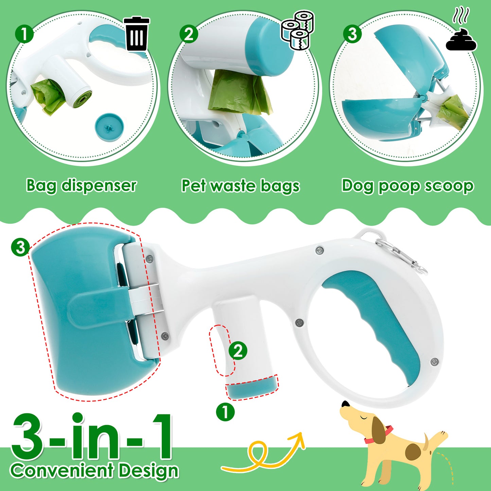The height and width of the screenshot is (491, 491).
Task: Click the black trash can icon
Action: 136,34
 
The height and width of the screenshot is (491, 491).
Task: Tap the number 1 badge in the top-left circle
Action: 24,34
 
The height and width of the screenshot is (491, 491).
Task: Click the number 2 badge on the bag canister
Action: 238,351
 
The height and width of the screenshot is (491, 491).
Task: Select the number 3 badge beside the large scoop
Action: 20,247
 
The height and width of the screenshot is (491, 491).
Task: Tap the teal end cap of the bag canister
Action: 252,388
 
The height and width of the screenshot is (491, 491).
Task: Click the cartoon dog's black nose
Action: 346,404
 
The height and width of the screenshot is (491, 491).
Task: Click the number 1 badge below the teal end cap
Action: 225,412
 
